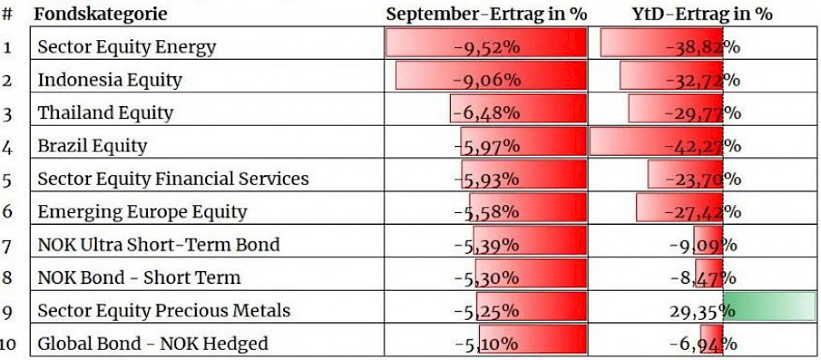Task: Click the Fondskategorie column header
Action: click(x=101, y=14)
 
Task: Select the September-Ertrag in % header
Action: click(x=486, y=14)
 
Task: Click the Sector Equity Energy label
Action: click(x=127, y=47)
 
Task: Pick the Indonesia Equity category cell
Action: click(x=109, y=80)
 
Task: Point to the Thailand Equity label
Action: click(x=105, y=113)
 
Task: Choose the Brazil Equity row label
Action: click(x=92, y=146)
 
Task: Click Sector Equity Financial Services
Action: click(x=173, y=179)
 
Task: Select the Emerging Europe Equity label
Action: click(x=142, y=212)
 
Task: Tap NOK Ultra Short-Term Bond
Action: click(x=158, y=245)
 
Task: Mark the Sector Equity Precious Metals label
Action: click(x=163, y=310)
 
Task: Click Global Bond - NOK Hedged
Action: click(x=152, y=344)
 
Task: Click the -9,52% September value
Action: click(x=486, y=47)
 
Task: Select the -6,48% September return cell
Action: click(x=486, y=113)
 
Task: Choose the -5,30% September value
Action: click(x=486, y=278)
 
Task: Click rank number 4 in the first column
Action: click(x=8, y=146)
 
